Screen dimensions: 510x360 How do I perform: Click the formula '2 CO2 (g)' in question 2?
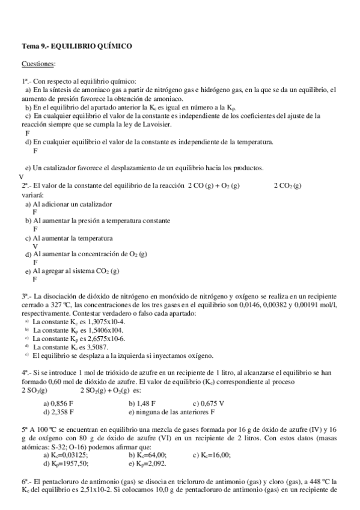click(287, 186)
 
